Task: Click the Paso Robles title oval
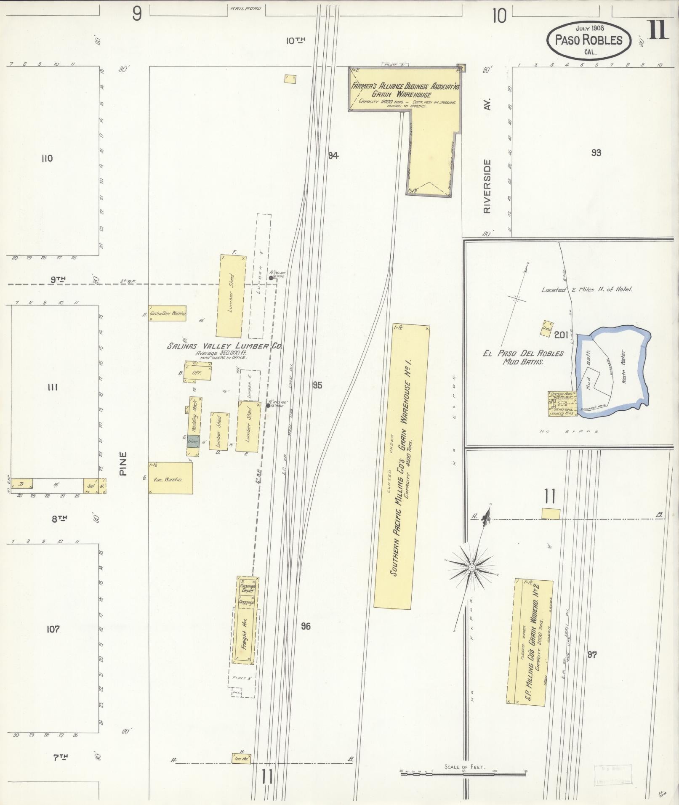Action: click(589, 39)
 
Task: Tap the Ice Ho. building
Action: click(241, 759)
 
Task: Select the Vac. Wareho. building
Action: click(170, 478)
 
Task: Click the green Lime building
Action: click(193, 441)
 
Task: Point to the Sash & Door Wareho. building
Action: click(167, 313)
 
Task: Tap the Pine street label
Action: click(123, 464)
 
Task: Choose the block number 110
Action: click(47, 159)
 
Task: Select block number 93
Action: click(596, 153)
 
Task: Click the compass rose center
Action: click(472, 568)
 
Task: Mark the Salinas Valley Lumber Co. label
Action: click(224, 346)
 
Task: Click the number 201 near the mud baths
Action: click(561, 335)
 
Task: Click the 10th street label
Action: click(295, 40)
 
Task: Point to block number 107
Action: click(53, 629)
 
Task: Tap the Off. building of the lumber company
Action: click(197, 372)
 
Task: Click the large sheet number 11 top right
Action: click(657, 29)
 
